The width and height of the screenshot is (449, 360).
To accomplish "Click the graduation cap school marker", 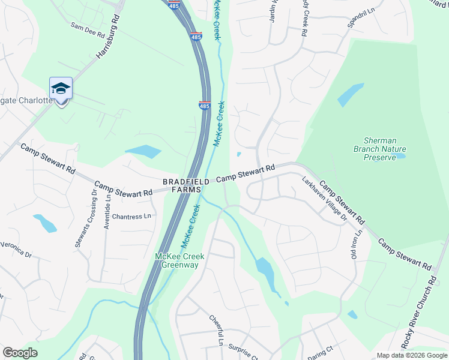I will coord(61,89).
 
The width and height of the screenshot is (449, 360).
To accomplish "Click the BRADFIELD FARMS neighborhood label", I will coord(181,185).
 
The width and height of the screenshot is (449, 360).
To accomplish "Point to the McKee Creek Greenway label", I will coord(180,261).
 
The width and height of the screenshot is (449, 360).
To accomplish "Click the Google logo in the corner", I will coord(20,353).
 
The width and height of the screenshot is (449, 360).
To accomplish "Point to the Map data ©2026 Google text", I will coord(411,355).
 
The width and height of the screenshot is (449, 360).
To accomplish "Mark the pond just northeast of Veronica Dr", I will coord(45,223).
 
